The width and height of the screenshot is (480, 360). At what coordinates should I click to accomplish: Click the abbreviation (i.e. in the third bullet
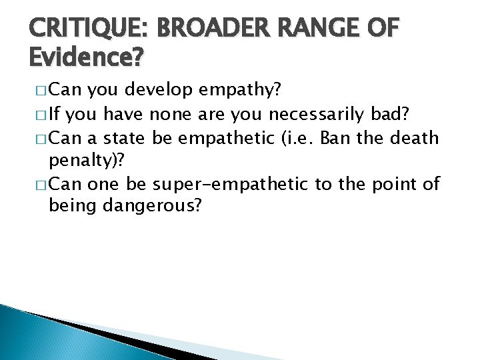tap(300, 138)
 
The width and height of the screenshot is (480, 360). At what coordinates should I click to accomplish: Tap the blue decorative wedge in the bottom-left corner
tap(27, 333)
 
